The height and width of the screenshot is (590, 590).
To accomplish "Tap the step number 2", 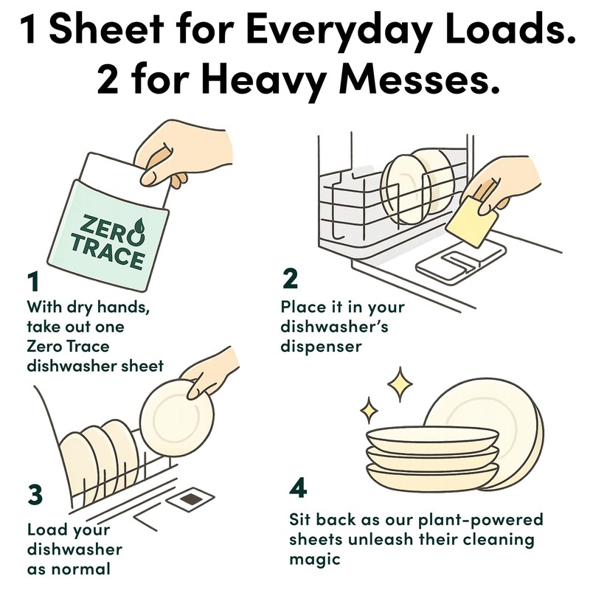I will coord(291,280).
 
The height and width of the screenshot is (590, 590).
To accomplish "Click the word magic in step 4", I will coord(312,560).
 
